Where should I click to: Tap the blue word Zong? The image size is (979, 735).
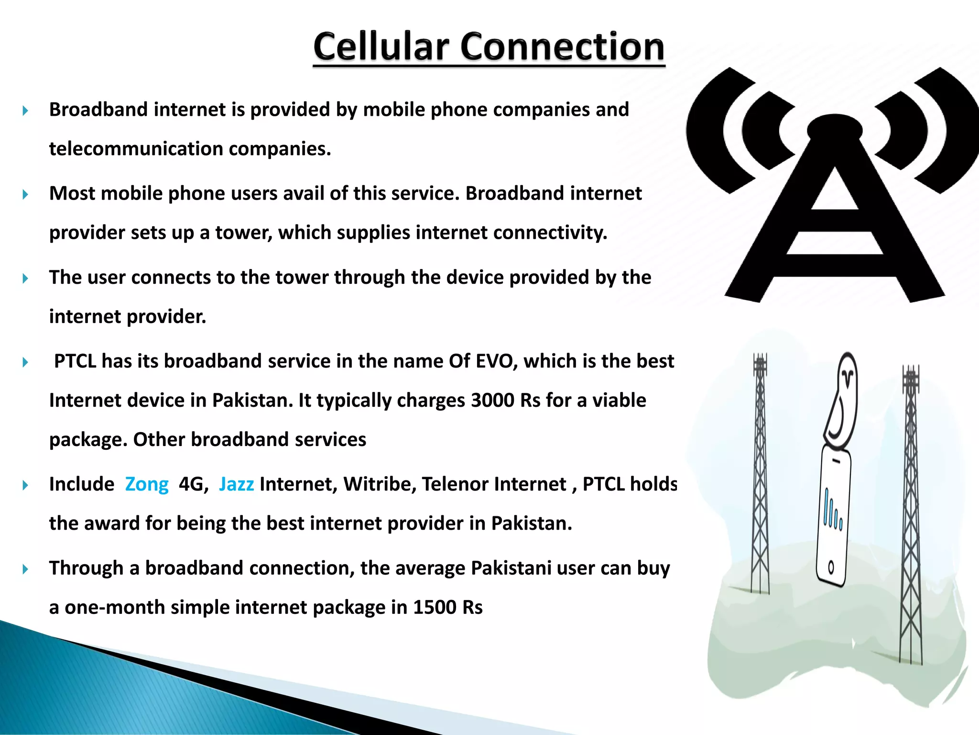(147, 484)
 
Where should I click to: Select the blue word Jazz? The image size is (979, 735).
(236, 484)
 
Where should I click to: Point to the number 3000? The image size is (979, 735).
(492, 401)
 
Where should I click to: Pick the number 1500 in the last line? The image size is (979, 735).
(435, 607)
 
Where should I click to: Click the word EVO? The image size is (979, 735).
(497, 361)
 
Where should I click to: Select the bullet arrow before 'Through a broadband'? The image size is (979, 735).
(25, 569)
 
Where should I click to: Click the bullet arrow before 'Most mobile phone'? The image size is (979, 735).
(25, 194)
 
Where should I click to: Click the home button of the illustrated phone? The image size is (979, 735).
(831, 568)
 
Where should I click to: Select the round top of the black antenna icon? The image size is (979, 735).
(835, 128)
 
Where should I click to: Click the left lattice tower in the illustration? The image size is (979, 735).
(760, 474)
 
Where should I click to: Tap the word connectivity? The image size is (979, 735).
(550, 233)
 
